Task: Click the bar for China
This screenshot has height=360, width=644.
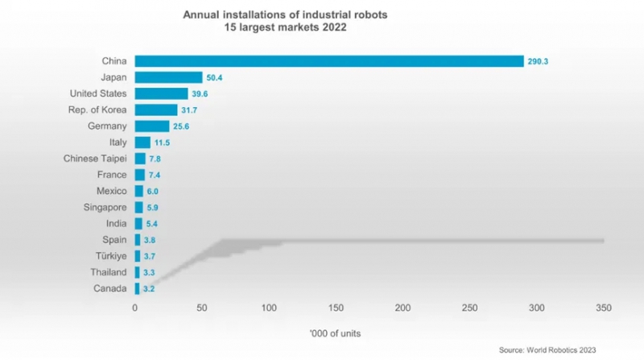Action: coord(329,61)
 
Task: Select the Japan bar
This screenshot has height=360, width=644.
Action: coord(168,77)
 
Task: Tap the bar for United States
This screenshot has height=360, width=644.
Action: coord(161,93)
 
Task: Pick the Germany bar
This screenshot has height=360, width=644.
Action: coord(152,126)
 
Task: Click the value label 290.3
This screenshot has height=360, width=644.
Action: coord(538,61)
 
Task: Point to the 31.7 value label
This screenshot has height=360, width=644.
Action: coord(192,110)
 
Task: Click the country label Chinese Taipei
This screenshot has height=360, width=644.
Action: coord(93,159)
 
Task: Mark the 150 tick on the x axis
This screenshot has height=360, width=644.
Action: coord(336,308)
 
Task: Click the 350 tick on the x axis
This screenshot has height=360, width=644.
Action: coord(605,308)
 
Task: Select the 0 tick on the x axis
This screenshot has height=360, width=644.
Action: coord(135,308)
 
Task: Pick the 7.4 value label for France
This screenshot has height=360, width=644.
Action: coord(155,175)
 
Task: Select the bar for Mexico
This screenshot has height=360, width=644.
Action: coord(138,191)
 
